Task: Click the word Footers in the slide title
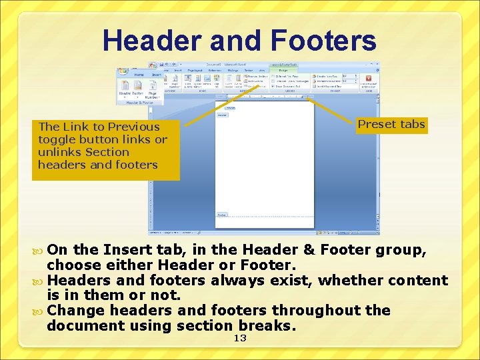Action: coord(325,41)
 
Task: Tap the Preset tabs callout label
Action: coord(391,124)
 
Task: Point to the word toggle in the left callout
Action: coord(56,139)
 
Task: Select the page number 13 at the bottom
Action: coord(240,339)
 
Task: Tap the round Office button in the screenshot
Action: coord(153,66)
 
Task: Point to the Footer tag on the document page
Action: coord(222,215)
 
